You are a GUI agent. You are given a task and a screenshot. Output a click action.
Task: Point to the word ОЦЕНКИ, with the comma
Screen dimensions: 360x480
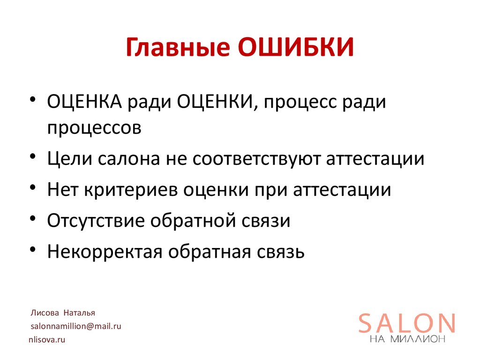pos(217,102)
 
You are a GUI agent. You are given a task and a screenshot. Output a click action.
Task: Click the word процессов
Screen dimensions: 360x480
pos(94,128)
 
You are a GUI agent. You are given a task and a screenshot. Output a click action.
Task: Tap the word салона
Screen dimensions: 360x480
pos(127,159)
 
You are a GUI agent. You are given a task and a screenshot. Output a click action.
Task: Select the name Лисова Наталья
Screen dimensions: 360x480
pos(63,313)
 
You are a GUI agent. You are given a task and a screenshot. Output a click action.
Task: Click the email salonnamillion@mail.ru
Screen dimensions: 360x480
pos(76,326)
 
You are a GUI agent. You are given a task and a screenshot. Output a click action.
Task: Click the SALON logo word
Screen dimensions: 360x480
pos(407,323)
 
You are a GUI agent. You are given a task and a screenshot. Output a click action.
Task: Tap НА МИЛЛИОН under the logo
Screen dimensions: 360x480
pos(407,340)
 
